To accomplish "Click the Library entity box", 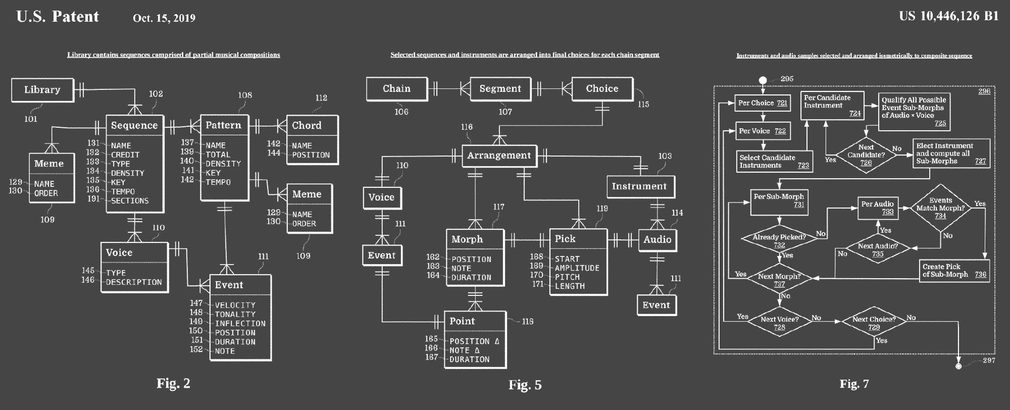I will [42, 90].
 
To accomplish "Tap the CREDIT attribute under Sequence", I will [125, 155].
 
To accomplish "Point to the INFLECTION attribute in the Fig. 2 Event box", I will [240, 324].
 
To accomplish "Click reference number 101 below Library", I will [31, 119].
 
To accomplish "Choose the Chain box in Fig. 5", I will [396, 89].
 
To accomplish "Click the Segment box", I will [500, 89].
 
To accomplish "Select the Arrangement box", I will [499, 156].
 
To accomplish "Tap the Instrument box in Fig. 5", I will [639, 186].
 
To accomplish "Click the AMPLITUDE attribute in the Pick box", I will [577, 268].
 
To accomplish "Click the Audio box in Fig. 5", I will [657, 240].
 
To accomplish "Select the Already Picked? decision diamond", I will [779, 240].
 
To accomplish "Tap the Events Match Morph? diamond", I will [940, 208].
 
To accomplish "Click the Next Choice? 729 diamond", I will [874, 322].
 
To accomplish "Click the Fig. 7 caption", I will [854, 384].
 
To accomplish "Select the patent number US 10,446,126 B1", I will [948, 16].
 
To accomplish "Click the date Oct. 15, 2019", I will [164, 18].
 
